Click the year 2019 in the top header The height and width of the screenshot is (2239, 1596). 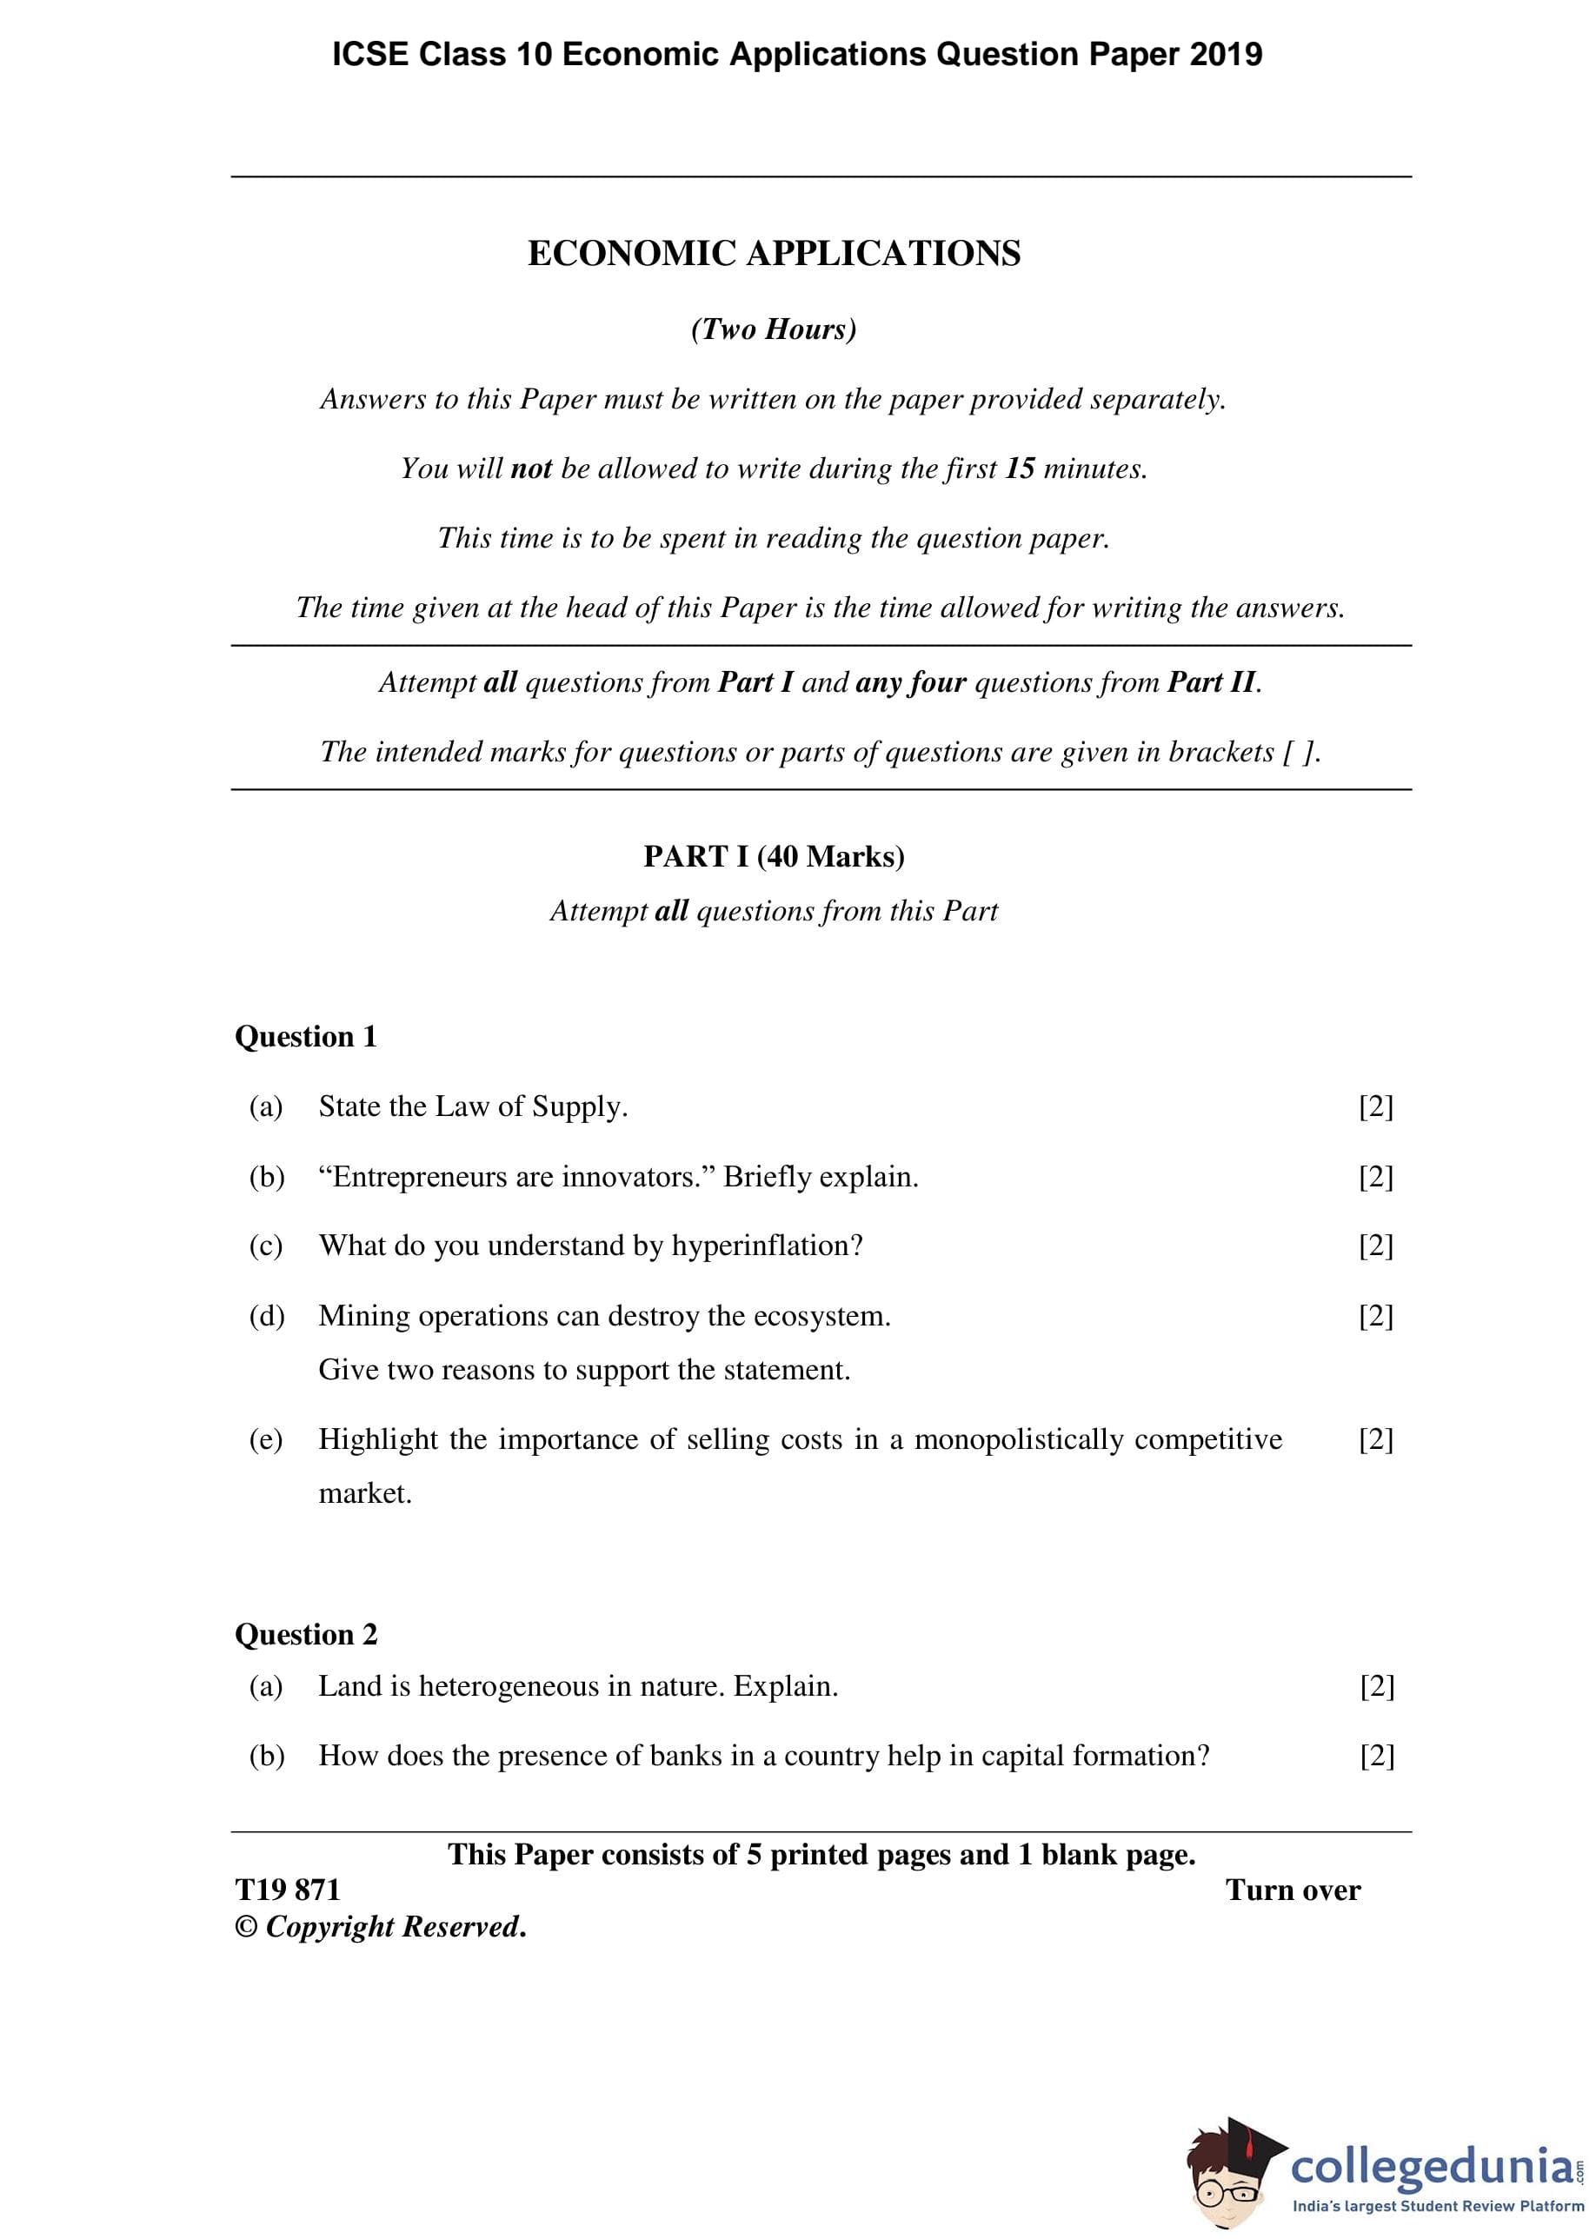[x=1226, y=55]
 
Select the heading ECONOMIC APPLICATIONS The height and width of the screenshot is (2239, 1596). [x=774, y=254]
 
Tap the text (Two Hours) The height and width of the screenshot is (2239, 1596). [x=774, y=329]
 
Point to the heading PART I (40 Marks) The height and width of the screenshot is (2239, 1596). [x=774, y=857]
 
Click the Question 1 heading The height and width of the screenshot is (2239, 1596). [x=306, y=1036]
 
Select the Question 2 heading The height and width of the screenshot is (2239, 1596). [x=306, y=1634]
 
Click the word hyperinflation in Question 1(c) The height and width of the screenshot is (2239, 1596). [x=767, y=1246]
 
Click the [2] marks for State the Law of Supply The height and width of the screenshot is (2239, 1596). [x=1376, y=1107]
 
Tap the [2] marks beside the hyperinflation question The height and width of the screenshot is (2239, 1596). [x=1376, y=1246]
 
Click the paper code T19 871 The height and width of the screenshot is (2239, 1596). [x=287, y=1890]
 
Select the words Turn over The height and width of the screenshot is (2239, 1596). [x=1293, y=1890]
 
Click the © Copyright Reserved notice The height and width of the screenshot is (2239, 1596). [x=381, y=1927]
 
